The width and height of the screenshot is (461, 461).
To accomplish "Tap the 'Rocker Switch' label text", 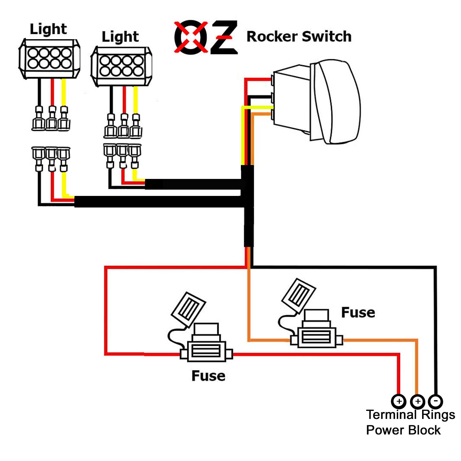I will pyautogui.click(x=299, y=37).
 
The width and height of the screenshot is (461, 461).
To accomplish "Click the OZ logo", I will pyautogui.click(x=206, y=37).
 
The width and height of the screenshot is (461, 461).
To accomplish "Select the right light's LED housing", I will pyautogui.click(x=121, y=66).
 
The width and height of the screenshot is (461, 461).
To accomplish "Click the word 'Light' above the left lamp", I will pyautogui.click(x=48, y=29).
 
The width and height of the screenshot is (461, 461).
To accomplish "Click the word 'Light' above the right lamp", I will pyautogui.click(x=120, y=37).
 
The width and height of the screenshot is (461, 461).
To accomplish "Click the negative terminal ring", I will pyautogui.click(x=435, y=401).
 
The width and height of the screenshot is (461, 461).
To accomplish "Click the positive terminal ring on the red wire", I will pyautogui.click(x=399, y=401).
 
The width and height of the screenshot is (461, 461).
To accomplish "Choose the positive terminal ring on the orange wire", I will pyautogui.click(x=417, y=401).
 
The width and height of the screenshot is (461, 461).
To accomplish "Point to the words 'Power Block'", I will pyautogui.click(x=403, y=430).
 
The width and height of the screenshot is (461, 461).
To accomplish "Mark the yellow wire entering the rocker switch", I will pyautogui.click(x=258, y=107).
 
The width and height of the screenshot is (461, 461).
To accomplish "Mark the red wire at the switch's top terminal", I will pyautogui.click(x=258, y=79).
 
